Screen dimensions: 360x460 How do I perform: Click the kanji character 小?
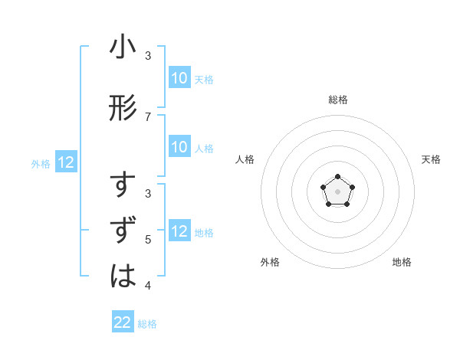[123, 48]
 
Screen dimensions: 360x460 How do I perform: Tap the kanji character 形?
[123, 107]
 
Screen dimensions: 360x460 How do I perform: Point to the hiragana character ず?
[123, 231]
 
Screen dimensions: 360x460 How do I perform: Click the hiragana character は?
[123, 274]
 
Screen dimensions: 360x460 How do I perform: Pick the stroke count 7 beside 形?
[148, 116]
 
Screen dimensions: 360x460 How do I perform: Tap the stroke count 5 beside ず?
[148, 240]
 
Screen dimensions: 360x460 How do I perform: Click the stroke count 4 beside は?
[148, 286]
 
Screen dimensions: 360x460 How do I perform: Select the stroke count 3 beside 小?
[148, 56]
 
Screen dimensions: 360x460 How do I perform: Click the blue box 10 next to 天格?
[179, 78]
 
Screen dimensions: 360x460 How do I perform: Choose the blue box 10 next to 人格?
[179, 147]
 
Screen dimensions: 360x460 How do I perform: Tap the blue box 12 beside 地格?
[179, 231]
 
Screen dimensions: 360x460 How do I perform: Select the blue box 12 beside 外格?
[66, 162]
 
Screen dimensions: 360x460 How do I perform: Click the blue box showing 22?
[123, 322]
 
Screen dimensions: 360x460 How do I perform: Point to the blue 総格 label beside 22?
[147, 324]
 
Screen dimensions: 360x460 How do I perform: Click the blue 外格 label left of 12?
[41, 163]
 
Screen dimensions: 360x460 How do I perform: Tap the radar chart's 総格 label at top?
[337, 100]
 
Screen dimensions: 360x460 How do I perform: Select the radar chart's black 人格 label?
[245, 159]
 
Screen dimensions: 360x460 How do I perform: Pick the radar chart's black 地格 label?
[402, 262]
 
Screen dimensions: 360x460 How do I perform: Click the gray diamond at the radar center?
[337, 191]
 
